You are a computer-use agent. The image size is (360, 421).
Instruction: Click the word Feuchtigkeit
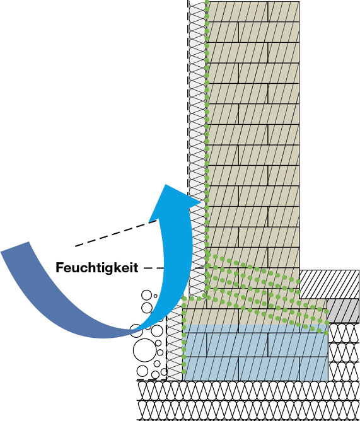96,268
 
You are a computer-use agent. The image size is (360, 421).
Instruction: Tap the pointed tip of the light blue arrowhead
165,185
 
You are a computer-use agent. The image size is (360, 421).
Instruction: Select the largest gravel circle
144,350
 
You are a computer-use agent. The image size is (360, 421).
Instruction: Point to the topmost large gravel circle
147,295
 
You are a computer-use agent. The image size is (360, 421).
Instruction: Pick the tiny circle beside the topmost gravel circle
155,296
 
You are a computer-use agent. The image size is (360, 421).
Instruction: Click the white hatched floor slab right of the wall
329,284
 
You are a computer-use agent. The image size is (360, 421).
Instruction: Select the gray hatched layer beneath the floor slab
343,311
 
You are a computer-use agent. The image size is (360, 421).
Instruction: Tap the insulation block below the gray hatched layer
344,352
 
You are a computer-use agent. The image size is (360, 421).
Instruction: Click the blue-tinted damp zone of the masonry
255,352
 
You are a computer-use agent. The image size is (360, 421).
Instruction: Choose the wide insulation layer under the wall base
248,400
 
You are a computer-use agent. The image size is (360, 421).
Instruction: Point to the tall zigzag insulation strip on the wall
197,147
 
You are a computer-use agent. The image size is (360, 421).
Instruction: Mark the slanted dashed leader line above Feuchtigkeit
116,233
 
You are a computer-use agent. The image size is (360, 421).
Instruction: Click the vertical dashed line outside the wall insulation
188,96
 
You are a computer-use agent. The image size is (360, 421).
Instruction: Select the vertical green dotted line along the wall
207,134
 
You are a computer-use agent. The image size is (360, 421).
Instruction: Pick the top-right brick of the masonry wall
284,12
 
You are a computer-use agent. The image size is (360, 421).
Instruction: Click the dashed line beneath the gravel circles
152,380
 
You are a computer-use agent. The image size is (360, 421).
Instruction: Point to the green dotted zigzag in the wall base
266,292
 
